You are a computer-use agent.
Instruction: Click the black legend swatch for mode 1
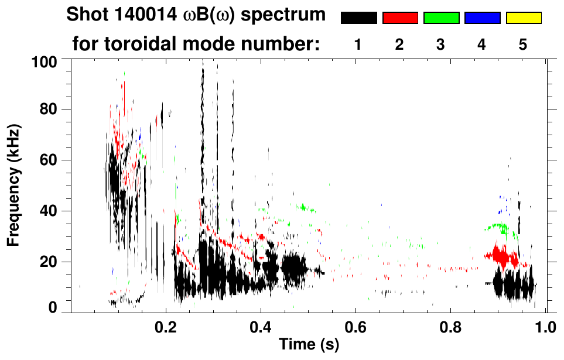click(x=358, y=18)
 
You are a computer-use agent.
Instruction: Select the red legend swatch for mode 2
click(x=400, y=18)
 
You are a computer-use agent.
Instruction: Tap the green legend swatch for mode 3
click(x=441, y=18)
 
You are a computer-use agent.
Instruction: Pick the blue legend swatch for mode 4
click(x=482, y=18)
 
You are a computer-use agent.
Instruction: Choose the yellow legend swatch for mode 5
click(x=523, y=18)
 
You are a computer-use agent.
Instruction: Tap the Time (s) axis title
click(x=308, y=345)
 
